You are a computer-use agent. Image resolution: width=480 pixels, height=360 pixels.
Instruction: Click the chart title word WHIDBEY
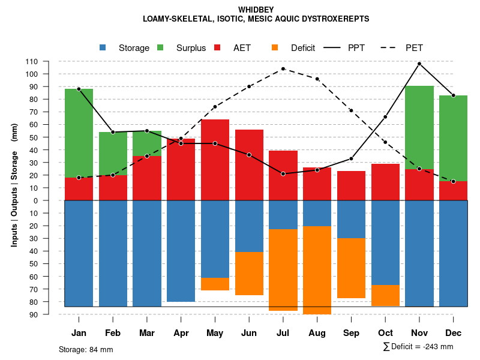click(256, 10)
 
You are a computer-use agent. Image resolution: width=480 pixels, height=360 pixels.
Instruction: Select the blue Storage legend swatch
click(103, 47)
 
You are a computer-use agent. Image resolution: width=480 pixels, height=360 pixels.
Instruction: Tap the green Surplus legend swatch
click(160, 47)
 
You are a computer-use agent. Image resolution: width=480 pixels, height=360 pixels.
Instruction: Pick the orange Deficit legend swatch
click(275, 47)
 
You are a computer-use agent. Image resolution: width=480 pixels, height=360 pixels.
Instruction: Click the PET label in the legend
click(414, 48)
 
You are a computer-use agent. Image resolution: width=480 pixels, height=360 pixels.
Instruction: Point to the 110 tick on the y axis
click(49, 61)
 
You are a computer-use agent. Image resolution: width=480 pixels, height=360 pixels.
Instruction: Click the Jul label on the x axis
click(283, 333)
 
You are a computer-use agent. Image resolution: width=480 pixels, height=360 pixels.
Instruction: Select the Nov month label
click(419, 333)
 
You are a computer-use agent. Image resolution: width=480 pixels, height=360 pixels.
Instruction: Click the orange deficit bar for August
click(317, 270)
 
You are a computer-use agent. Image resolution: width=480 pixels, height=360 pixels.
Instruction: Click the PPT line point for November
click(419, 64)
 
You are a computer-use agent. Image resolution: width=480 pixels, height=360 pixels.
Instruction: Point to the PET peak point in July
click(283, 69)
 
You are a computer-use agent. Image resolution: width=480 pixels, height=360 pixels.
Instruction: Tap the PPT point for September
click(351, 158)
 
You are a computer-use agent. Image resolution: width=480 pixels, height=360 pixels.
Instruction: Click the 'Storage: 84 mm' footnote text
click(86, 349)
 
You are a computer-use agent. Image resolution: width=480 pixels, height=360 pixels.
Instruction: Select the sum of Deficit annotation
click(418, 347)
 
